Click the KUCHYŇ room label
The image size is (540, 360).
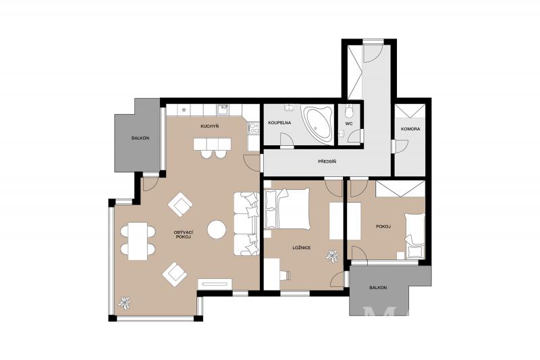[210, 126]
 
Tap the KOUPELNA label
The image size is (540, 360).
[279, 123]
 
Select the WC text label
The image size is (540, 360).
[349, 124]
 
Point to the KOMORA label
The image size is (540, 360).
[410, 129]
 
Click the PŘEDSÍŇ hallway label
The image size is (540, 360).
[327, 161]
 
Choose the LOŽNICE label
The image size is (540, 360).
[302, 248]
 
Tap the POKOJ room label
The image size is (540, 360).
[383, 227]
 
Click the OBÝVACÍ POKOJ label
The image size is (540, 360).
[182, 234]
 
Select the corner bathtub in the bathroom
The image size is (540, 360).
[317, 124]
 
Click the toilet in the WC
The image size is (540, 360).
[350, 111]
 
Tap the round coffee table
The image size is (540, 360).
[217, 229]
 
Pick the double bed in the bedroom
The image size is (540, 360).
[288, 209]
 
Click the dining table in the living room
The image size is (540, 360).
[138, 241]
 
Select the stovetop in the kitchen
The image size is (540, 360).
[254, 128]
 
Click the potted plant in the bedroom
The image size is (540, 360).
[332, 256]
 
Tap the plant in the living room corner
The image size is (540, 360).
[124, 303]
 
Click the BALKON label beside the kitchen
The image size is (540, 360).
[140, 138]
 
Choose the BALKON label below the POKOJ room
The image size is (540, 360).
[378, 287]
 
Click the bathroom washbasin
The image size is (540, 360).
[289, 107]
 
